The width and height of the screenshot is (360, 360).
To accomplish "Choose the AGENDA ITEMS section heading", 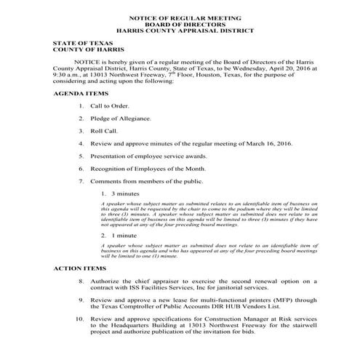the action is (x=80, y=94).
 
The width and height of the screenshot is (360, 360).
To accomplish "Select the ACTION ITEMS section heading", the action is (x=79, y=268).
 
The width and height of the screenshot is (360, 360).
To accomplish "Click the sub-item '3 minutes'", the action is (x=125, y=194).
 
